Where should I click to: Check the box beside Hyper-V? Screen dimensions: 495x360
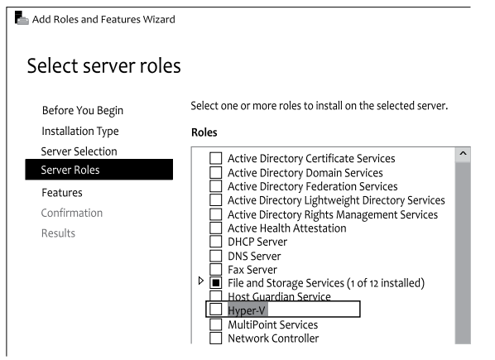[x=215, y=310]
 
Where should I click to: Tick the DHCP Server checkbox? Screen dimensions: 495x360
[x=215, y=242]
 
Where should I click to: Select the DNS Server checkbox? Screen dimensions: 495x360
[x=215, y=256]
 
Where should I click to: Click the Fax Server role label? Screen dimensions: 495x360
[x=252, y=270]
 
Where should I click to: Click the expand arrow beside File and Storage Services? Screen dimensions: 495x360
[x=201, y=281]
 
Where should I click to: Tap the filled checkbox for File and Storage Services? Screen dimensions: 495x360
[x=215, y=283]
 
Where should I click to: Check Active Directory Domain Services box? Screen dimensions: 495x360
[x=215, y=173]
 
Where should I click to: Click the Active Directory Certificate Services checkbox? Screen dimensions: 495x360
[x=215, y=158]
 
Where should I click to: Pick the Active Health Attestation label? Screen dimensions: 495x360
[x=287, y=228]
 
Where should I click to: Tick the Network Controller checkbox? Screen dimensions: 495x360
[x=215, y=338]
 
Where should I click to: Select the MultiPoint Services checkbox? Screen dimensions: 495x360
[x=215, y=324]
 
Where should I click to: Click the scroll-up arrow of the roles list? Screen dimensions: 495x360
[x=463, y=154]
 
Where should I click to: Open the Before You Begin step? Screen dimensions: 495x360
[x=83, y=111]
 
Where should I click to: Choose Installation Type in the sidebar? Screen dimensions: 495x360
[x=80, y=132]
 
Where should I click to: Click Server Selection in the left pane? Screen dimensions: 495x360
[x=79, y=151]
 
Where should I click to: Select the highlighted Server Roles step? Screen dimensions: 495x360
[x=99, y=170]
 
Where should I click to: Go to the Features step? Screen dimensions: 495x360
[x=62, y=193]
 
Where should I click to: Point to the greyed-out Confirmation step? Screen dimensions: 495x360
[x=72, y=213]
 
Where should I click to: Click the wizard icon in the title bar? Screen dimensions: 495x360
[x=22, y=18]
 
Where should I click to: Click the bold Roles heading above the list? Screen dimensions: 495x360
[x=204, y=132]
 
